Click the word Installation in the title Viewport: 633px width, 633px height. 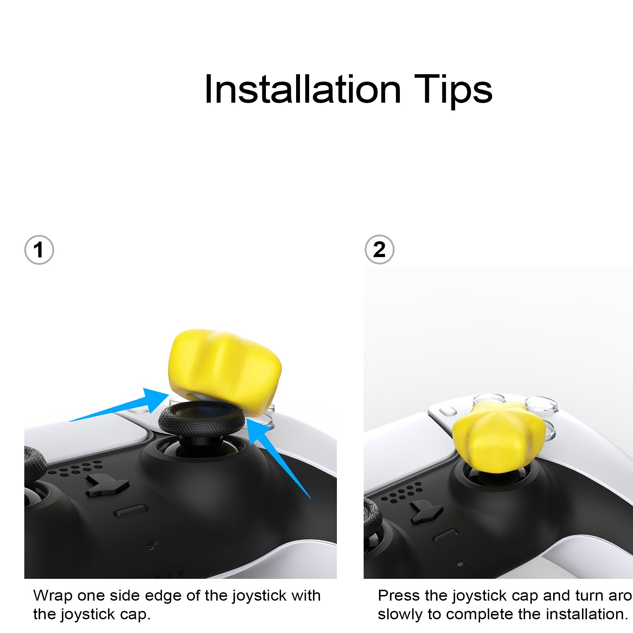click(x=302, y=90)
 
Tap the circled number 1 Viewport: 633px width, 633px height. click(x=39, y=250)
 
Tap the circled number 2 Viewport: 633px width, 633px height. click(x=379, y=250)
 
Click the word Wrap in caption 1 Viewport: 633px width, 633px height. click(x=52, y=596)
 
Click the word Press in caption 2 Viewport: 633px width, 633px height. click(x=399, y=596)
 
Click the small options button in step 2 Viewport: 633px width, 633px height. click(x=448, y=410)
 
